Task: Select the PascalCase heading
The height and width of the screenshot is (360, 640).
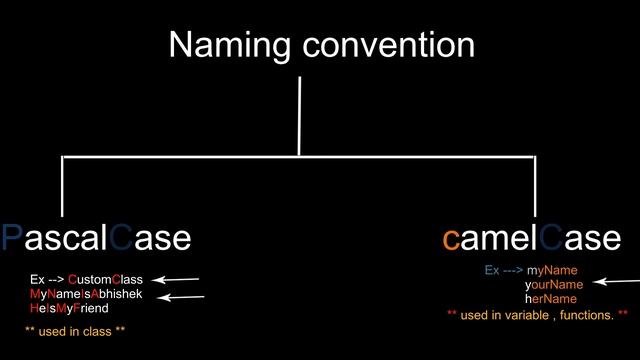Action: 95,238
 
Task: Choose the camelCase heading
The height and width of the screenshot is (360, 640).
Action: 531,238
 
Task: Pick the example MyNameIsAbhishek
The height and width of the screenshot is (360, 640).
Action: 86,294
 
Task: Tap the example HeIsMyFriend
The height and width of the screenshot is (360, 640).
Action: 69,308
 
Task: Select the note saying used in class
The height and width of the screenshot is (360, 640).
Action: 75,330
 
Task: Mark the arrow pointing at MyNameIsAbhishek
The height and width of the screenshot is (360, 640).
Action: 183,296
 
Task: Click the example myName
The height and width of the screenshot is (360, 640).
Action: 552,270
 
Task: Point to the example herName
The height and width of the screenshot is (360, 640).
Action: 551,298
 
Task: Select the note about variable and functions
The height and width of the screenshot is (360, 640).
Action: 537,315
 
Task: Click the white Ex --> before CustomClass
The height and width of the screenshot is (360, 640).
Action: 47,279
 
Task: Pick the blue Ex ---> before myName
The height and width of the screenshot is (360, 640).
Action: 503,270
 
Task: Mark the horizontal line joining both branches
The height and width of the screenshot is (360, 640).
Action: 299,157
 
